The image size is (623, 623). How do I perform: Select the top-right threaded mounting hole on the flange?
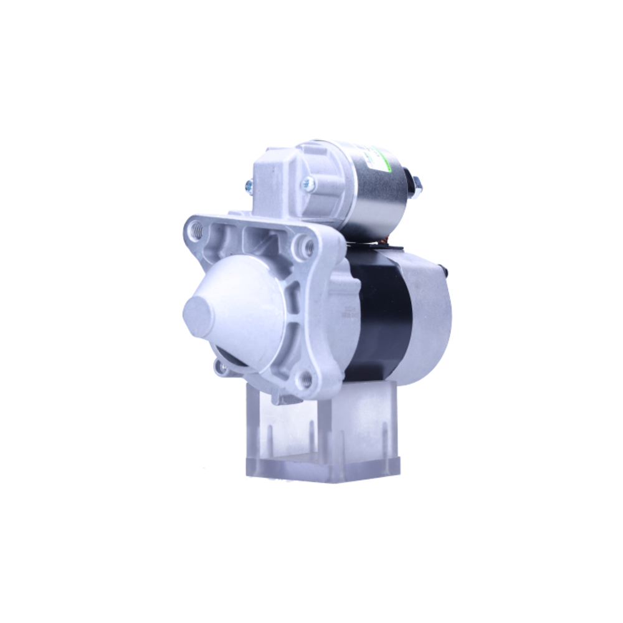tap(307, 248)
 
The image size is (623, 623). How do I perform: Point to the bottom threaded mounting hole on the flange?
tap(306, 378)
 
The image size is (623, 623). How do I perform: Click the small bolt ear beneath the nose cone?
tap(221, 366)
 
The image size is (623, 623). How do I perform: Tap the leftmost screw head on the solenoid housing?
tap(250, 184)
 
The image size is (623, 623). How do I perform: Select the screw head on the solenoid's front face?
tap(308, 183)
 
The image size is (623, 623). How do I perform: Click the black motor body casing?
tap(380, 311)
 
